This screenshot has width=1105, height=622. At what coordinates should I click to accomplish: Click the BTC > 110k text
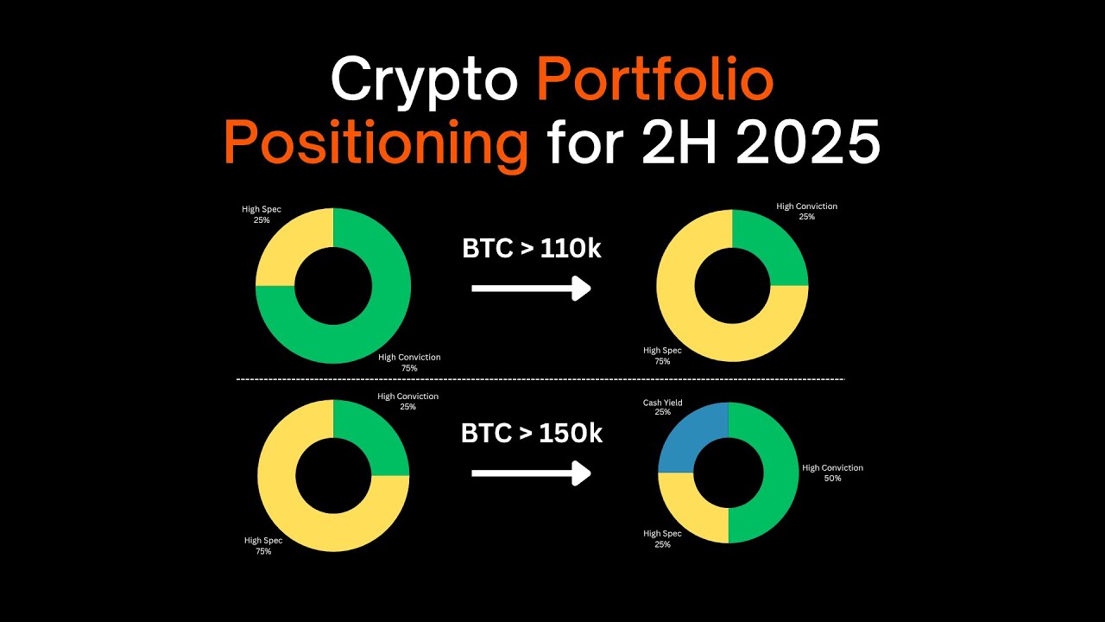click(532, 249)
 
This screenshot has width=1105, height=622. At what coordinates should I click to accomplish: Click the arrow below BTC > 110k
click(531, 289)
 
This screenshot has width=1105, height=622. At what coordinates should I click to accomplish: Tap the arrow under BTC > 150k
click(531, 473)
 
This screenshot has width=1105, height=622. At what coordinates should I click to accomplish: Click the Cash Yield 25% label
click(662, 408)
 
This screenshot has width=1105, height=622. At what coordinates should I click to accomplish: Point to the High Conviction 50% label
click(832, 473)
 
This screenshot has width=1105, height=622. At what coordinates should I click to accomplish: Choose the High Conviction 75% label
click(409, 363)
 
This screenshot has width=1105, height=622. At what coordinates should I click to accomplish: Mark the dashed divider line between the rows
click(540, 379)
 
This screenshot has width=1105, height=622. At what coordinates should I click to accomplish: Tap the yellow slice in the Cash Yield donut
click(686, 513)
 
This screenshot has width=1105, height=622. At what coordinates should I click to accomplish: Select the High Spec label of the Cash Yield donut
click(662, 539)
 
